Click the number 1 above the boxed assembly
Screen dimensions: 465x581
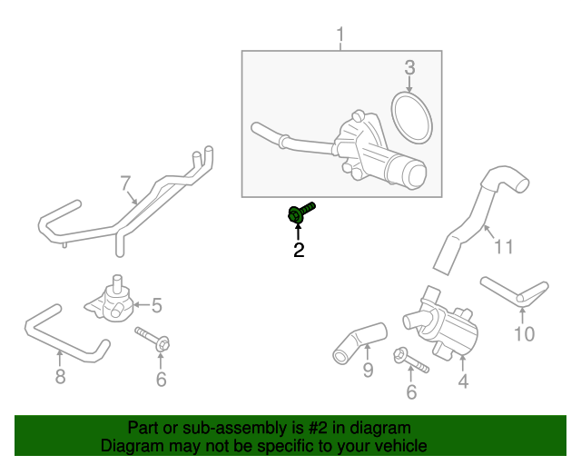tap(340, 36)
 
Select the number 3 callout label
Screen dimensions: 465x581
tap(409, 66)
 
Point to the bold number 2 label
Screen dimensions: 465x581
tap(299, 251)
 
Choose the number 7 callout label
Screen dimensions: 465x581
tap(126, 183)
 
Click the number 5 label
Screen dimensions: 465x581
tap(156, 305)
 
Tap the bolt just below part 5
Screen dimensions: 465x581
tap(153, 340)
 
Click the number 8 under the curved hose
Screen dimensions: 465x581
tap(60, 376)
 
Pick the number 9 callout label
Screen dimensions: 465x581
tap(368, 370)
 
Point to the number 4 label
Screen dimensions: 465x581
tap(463, 382)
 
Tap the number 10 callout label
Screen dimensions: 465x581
tap(524, 334)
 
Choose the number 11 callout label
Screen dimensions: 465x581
tap(503, 245)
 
